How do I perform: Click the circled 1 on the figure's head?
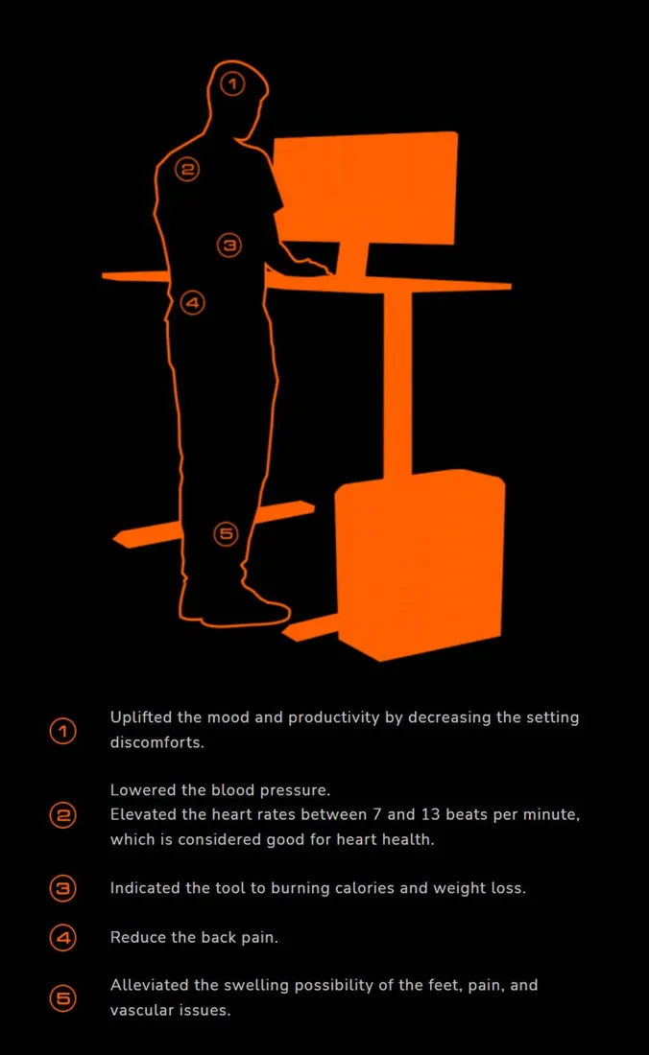coord(232,84)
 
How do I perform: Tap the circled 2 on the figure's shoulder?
coord(187,169)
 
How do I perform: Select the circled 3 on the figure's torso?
coord(228,245)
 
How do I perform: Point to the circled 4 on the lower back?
coord(193,302)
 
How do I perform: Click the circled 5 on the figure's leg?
coord(227,534)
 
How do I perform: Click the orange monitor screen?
coord(366,188)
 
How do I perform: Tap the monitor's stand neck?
coord(352,259)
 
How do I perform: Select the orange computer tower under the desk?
coord(421,565)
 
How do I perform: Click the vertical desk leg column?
coord(397,384)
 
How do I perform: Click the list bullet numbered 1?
coord(63,731)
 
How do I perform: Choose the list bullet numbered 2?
coord(63,815)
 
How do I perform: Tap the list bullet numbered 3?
coord(63,888)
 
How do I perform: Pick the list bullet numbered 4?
coord(63,937)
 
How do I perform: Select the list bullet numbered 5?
coord(63,997)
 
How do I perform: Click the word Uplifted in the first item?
coord(141,718)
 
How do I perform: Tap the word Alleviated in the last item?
coord(150,985)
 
